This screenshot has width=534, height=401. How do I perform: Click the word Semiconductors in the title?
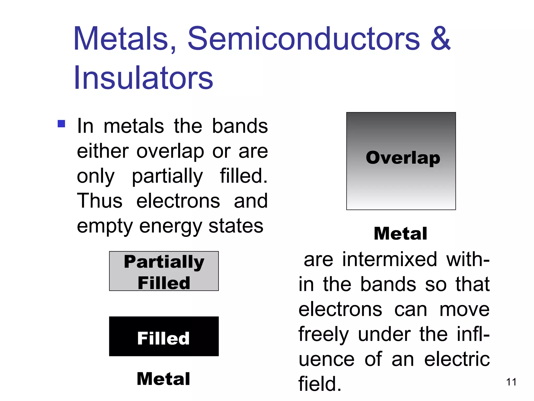[304, 39]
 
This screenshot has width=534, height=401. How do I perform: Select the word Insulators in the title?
[143, 78]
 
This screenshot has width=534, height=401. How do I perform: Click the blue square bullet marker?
[61, 123]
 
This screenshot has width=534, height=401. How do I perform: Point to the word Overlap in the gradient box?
[403, 158]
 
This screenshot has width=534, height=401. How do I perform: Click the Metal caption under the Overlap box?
[400, 233]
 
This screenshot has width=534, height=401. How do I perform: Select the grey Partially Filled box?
[164, 271]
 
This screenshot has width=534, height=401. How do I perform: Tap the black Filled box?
[164, 337]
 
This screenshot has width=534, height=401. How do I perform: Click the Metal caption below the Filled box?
[163, 379]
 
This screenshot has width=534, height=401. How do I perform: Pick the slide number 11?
[511, 382]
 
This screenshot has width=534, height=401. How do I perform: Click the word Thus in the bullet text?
[100, 201]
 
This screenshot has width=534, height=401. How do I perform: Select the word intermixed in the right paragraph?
[390, 260]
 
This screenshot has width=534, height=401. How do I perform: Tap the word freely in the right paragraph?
[324, 335]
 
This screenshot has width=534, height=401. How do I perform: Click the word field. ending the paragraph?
[320, 384]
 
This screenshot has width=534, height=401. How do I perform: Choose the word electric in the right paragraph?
[457, 359]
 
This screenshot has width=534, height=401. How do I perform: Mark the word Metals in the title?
[125, 39]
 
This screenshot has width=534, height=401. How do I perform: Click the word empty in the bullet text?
[105, 226]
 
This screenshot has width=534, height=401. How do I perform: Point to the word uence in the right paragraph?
[326, 359]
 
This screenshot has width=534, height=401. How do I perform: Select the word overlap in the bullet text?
[170, 152]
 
